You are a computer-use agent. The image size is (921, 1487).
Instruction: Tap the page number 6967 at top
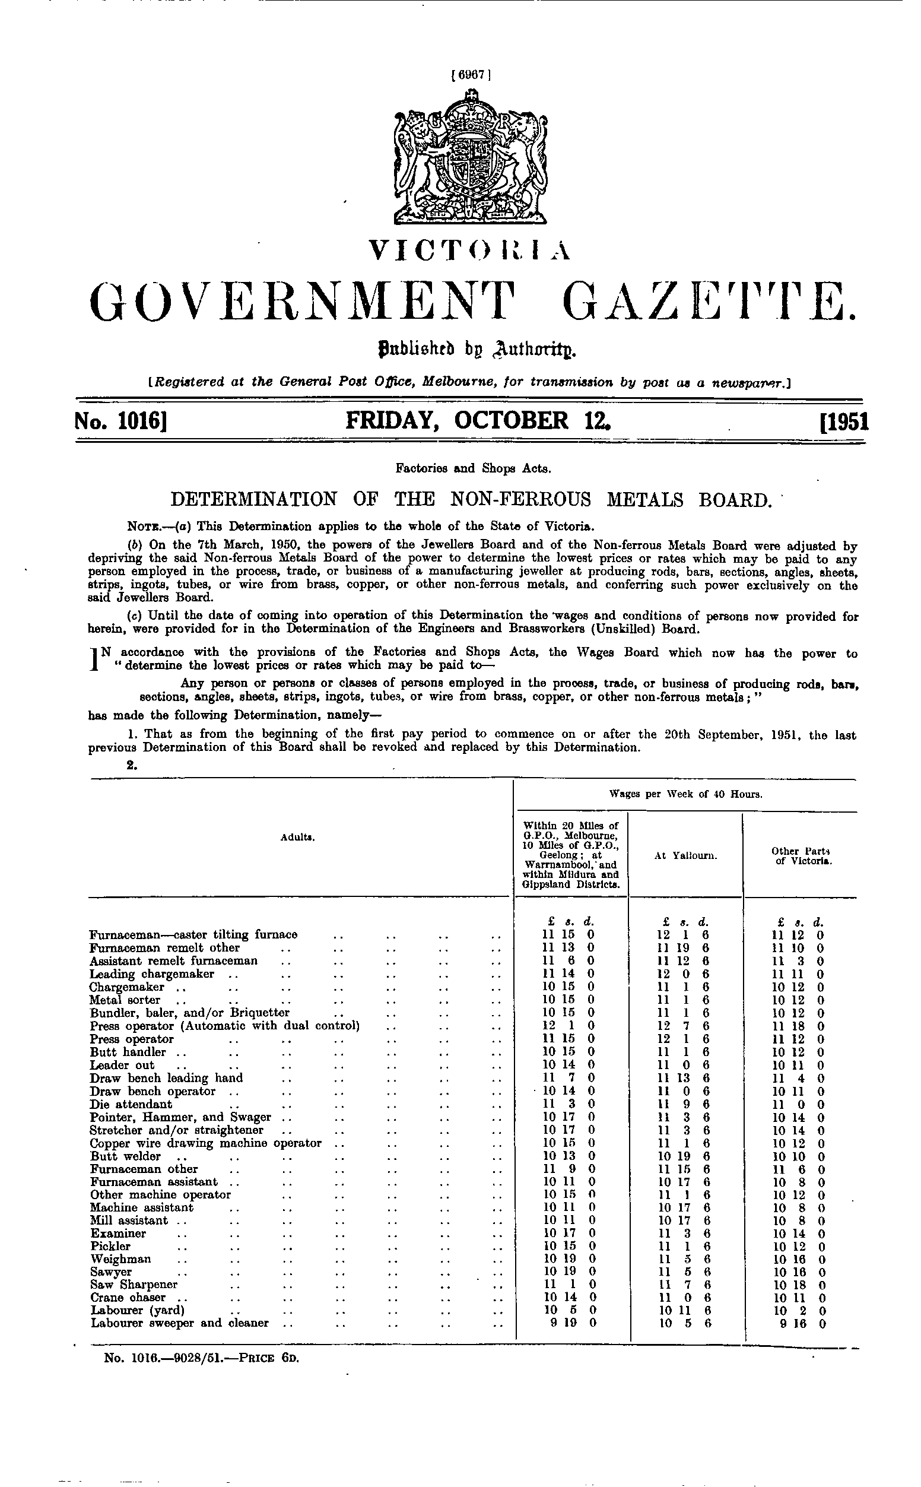point(470,75)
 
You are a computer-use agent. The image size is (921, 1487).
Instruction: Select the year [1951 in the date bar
point(844,422)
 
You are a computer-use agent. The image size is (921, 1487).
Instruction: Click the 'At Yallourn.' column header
point(686,855)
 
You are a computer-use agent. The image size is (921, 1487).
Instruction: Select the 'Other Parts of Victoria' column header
point(801,855)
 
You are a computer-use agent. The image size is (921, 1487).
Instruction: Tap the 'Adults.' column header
point(298,838)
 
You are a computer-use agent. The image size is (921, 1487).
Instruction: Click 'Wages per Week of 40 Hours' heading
point(686,794)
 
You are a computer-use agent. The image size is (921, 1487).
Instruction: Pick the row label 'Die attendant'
point(131,1104)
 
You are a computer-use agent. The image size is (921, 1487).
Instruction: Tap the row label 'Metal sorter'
point(125,1000)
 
